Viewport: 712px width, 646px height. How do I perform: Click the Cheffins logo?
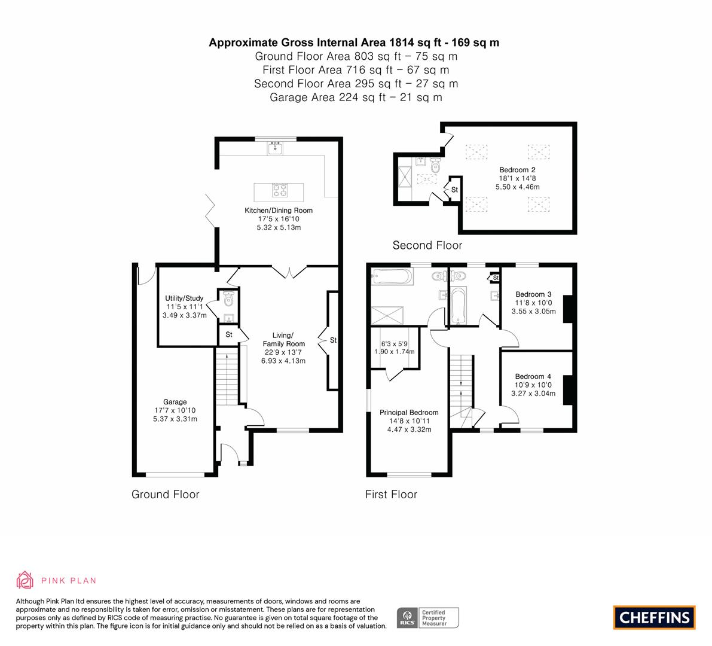(x=655, y=617)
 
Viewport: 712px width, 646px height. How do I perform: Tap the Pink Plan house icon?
(x=25, y=580)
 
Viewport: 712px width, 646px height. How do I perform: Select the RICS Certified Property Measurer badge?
(x=428, y=618)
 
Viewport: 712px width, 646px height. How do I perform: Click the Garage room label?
(x=175, y=401)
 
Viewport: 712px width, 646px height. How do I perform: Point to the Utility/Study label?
(x=184, y=298)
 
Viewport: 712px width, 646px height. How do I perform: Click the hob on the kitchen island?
(x=279, y=190)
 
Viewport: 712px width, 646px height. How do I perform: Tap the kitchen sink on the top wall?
(x=275, y=148)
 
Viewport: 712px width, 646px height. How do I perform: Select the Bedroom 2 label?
(x=517, y=170)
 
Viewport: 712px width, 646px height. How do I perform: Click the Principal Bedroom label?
(x=409, y=413)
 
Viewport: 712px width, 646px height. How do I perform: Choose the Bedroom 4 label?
(x=533, y=376)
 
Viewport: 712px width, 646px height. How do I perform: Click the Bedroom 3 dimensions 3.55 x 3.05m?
(x=533, y=312)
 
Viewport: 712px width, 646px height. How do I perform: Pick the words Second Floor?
(x=427, y=245)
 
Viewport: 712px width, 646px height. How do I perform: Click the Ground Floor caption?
(x=165, y=494)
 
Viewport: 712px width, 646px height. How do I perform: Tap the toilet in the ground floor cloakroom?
(x=228, y=299)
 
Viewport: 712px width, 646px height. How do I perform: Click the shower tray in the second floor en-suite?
(x=405, y=177)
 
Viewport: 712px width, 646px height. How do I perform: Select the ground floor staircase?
(x=227, y=375)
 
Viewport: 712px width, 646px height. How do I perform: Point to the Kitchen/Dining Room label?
(x=279, y=211)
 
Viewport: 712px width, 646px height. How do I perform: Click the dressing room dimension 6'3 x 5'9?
(x=394, y=344)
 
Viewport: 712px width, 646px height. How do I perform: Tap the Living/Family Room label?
(x=284, y=339)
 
